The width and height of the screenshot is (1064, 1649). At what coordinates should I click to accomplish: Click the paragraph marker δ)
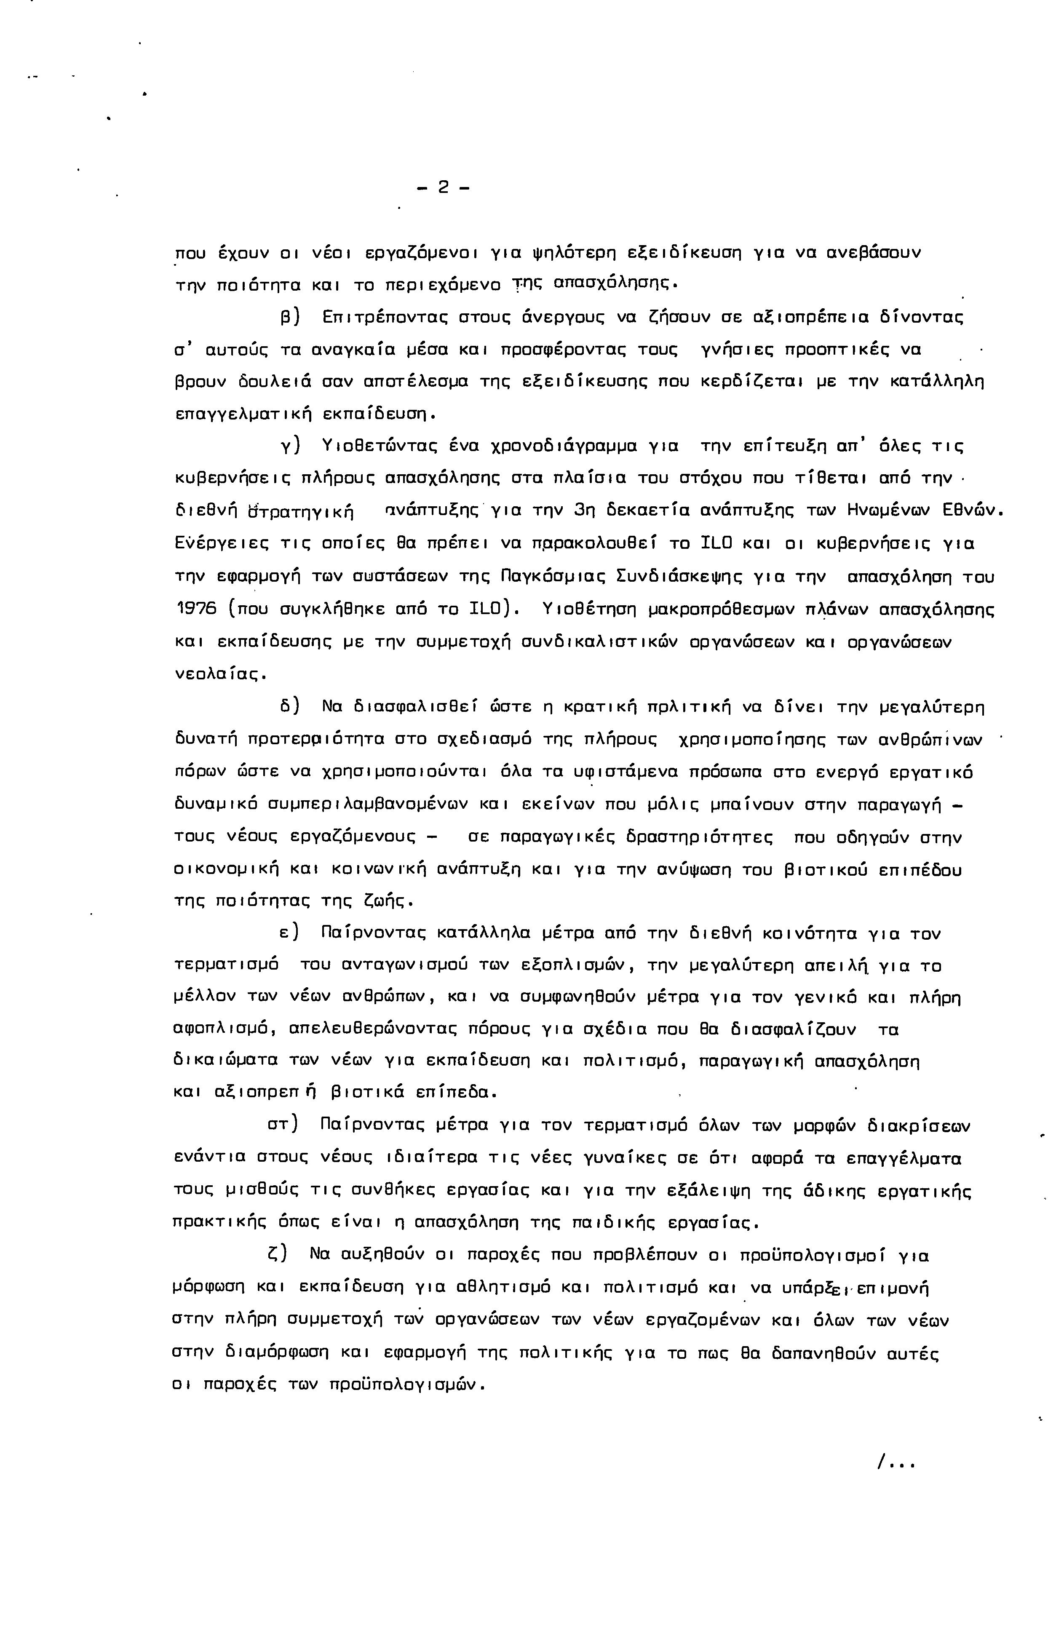[289, 707]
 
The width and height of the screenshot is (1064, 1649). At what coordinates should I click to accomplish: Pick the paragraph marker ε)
[289, 934]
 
